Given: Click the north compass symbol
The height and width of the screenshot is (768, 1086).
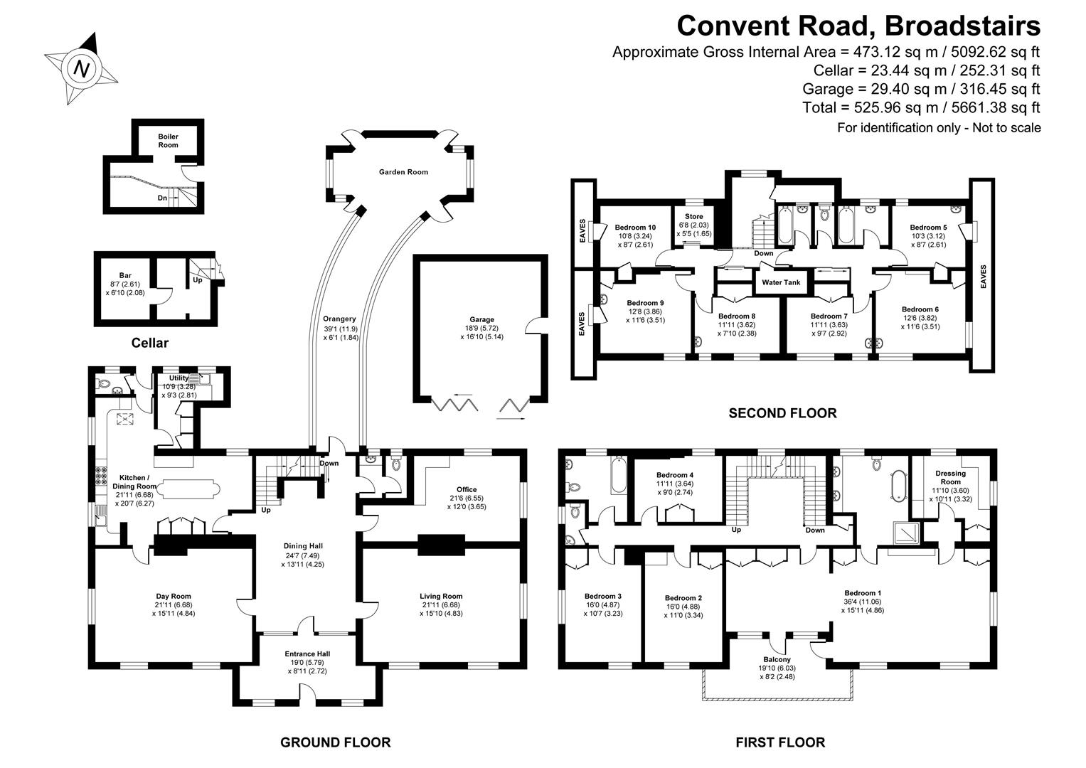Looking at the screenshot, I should (x=81, y=69).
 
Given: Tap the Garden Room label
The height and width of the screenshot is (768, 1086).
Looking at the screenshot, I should (x=403, y=172).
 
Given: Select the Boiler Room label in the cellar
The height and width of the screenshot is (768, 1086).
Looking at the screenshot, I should (x=169, y=140).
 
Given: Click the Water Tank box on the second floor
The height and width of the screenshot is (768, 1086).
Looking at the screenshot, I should (x=781, y=282).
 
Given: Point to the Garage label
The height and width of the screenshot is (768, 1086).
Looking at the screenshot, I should (x=481, y=320).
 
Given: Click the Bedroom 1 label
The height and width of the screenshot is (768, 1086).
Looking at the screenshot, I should (x=863, y=593).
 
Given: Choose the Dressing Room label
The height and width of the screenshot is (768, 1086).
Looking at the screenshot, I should (x=950, y=477).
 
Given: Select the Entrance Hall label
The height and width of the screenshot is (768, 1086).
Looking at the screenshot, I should (x=307, y=654).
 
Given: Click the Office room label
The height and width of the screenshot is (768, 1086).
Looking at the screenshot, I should (x=467, y=489).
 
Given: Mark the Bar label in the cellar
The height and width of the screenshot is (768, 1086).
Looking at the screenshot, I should (x=125, y=275).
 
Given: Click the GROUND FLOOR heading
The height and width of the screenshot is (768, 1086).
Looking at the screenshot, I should (x=335, y=742).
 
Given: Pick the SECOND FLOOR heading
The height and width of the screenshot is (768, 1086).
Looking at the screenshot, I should (x=782, y=412).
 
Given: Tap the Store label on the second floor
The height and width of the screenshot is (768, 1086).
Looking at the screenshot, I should (x=693, y=216).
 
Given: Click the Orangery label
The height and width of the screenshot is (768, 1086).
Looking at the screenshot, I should (x=340, y=319).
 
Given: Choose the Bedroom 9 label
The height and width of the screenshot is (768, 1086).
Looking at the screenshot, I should (x=645, y=303).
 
